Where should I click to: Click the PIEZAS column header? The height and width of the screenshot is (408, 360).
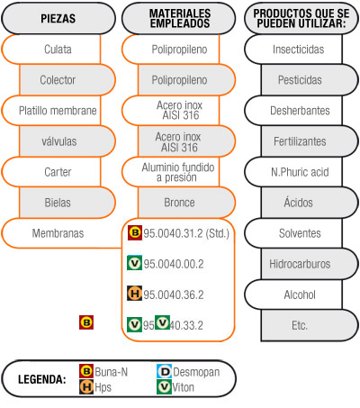(x=58, y=19)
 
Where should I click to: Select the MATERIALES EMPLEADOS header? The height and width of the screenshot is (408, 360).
(x=179, y=19)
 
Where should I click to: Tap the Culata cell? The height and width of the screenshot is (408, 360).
(x=51, y=50)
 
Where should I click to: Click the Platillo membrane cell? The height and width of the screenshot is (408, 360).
(x=51, y=111)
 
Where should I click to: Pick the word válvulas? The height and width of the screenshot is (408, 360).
(x=59, y=141)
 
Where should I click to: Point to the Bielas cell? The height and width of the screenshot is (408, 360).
(x=67, y=203)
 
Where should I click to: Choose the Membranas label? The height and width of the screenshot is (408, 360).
(x=58, y=233)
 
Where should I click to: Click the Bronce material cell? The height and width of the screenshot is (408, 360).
(x=186, y=203)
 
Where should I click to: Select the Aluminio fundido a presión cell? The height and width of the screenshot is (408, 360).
(x=171, y=172)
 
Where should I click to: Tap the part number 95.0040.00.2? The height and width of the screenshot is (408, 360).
(x=174, y=264)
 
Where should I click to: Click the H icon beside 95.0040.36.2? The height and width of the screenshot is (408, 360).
(x=135, y=294)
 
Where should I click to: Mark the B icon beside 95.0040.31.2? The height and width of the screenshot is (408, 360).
(x=135, y=232)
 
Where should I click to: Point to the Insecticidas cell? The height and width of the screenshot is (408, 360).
(x=293, y=50)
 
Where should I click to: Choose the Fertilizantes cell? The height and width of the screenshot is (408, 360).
(x=310, y=141)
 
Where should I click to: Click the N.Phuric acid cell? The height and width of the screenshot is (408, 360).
(x=293, y=172)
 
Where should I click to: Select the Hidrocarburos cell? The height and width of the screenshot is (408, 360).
(x=310, y=264)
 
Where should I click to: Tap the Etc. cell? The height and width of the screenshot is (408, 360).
(x=310, y=325)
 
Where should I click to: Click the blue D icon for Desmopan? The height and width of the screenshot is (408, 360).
(x=164, y=372)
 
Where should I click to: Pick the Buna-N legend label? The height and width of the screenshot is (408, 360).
(x=112, y=372)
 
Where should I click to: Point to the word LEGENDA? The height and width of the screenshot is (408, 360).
(x=42, y=379)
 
